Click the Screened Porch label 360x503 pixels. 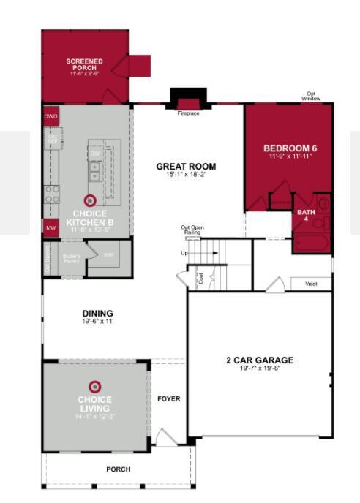tap(84, 64)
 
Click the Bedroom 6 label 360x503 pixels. tap(290, 149)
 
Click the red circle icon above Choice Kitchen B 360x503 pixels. tap(91, 200)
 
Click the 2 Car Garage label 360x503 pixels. tap(260, 360)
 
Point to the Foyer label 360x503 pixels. tap(168, 399)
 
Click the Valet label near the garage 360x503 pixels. tap(311, 283)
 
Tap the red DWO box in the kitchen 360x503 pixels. tap(50, 116)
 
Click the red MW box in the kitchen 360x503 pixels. tap(50, 228)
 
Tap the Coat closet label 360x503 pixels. tap(200, 279)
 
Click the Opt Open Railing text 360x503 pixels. tap(192, 229)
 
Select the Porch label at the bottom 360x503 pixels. tap(119, 469)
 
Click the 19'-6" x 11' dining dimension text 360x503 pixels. tap(97, 321)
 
